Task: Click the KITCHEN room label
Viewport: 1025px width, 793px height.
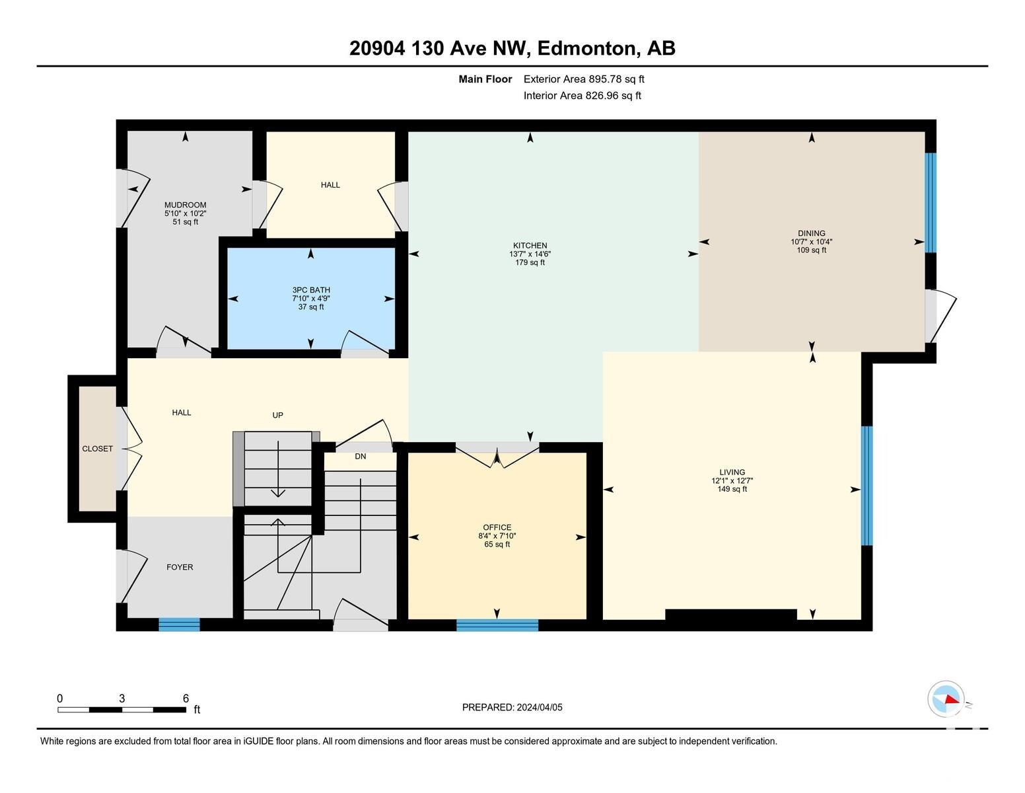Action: (530, 245)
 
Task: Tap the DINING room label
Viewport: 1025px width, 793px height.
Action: (811, 233)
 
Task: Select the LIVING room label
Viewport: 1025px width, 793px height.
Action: (732, 472)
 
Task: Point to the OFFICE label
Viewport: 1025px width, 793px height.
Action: (497, 527)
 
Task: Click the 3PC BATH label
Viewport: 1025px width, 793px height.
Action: (311, 290)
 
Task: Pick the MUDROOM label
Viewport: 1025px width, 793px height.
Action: (186, 206)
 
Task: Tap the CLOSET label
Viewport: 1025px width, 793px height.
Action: (97, 449)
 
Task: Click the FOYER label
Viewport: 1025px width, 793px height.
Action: (180, 567)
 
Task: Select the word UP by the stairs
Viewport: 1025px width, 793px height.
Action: (278, 415)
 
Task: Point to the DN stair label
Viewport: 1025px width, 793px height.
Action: (361, 456)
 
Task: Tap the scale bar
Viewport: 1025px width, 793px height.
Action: (122, 710)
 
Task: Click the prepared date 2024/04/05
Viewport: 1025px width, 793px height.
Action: (540, 707)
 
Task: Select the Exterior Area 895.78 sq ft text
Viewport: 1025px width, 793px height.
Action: (583, 79)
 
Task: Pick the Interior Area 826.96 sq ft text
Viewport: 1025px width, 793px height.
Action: (582, 96)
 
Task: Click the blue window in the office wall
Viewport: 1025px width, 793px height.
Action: (497, 625)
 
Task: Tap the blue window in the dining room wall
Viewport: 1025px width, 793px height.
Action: (930, 202)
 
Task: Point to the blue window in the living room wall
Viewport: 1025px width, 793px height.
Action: (867, 486)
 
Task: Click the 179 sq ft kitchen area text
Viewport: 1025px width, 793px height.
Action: (530, 262)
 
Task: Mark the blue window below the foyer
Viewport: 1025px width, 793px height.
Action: (179, 625)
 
